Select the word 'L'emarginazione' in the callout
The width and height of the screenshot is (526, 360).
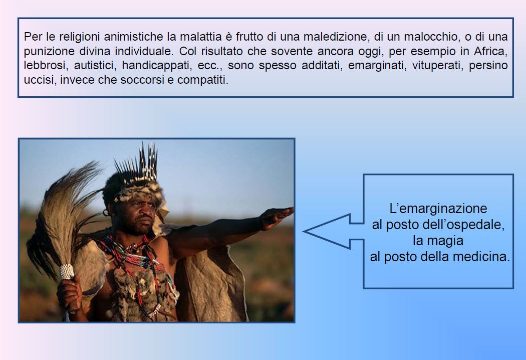[x=438, y=209]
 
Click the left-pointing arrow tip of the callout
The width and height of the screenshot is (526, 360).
[x=304, y=231]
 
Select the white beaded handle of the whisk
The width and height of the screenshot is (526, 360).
[x=67, y=272]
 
